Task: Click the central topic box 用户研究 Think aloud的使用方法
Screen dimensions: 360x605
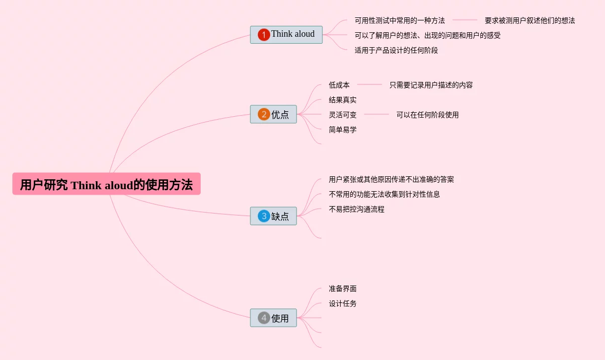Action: pyautogui.click(x=106, y=184)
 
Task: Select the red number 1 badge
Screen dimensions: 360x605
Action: pyautogui.click(x=264, y=34)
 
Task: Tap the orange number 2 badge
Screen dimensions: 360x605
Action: pyautogui.click(x=264, y=114)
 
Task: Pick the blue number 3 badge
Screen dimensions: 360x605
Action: pyautogui.click(x=264, y=216)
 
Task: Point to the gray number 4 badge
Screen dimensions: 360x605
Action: pyautogui.click(x=264, y=318)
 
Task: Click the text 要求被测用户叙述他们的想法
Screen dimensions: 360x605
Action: pyautogui.click(x=529, y=20)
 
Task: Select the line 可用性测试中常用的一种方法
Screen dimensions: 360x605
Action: pyautogui.click(x=399, y=20)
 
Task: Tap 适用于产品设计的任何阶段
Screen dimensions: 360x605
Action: pyautogui.click(x=396, y=50)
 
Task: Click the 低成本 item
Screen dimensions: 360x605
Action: pyautogui.click(x=339, y=85)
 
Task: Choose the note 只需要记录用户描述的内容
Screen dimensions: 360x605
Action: pyautogui.click(x=431, y=85)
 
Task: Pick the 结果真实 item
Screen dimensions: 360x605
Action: pyautogui.click(x=342, y=100)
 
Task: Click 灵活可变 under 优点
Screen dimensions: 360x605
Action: pyautogui.click(x=342, y=115)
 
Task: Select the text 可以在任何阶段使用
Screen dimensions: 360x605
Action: pyautogui.click(x=427, y=115)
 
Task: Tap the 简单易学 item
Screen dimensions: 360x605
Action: pyautogui.click(x=342, y=130)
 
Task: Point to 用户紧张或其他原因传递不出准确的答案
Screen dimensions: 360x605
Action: pyautogui.click(x=391, y=179)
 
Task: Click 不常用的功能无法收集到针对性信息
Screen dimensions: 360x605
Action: pyautogui.click(x=384, y=194)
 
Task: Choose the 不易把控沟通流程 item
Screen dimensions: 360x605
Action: pyautogui.click(x=356, y=209)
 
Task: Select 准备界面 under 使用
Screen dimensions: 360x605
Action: pyautogui.click(x=342, y=288)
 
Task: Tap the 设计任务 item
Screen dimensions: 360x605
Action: pyautogui.click(x=342, y=303)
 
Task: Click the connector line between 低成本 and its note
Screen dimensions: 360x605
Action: pyautogui.click(x=369, y=84)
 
